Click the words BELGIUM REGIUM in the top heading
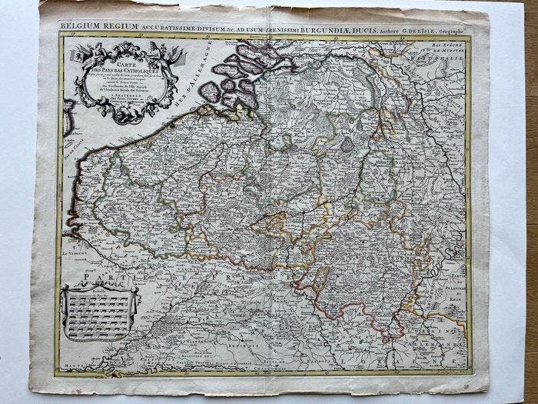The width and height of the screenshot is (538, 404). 92,25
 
